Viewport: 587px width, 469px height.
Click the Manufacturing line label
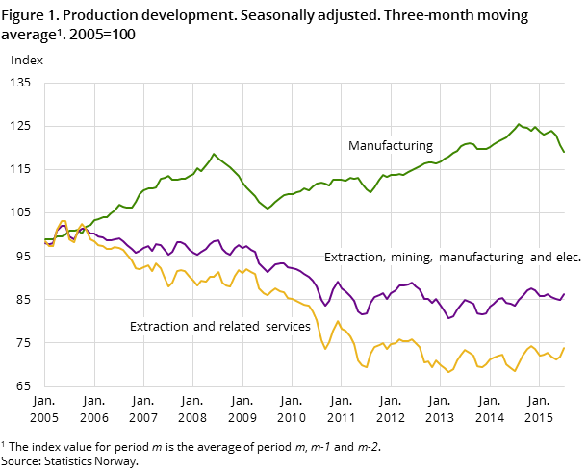tap(390, 146)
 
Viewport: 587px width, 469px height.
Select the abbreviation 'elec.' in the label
tap(567, 258)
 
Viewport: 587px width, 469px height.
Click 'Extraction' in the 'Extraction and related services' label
tap(160, 327)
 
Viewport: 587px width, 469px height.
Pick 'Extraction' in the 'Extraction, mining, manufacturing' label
tap(355, 258)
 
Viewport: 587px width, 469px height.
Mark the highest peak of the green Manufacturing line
tap(519, 124)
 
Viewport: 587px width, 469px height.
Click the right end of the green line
tap(564, 152)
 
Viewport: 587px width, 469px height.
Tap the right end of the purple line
tap(564, 294)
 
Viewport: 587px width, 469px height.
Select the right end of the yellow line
tap(564, 347)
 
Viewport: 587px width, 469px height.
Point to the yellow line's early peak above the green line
tap(64, 222)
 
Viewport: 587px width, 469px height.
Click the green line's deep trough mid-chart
tap(268, 209)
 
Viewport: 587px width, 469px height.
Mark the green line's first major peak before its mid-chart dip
tap(214, 154)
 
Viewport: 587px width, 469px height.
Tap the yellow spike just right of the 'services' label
tap(337, 321)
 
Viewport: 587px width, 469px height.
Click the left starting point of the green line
tap(45, 239)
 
